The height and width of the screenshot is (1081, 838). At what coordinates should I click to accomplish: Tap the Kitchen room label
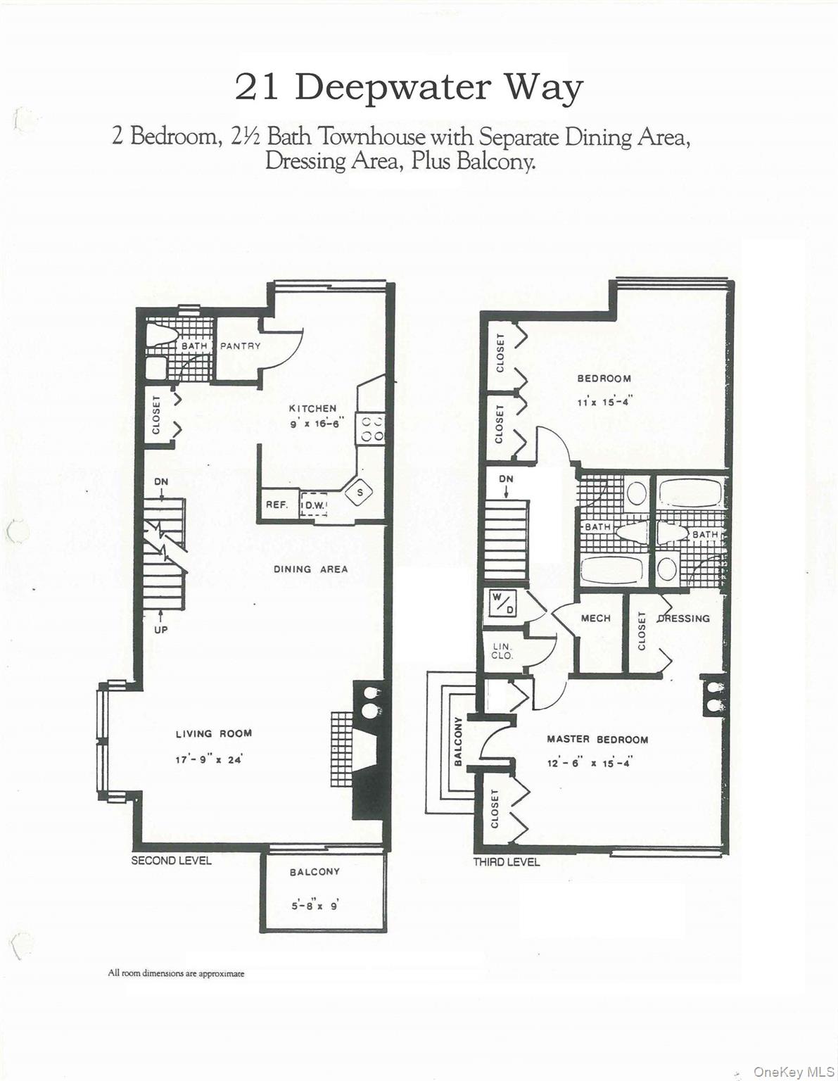tap(312, 408)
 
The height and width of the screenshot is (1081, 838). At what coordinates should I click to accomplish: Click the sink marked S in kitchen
tap(360, 492)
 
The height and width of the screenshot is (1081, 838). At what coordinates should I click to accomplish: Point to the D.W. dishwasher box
tap(312, 505)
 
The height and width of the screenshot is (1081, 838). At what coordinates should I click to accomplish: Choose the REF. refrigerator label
tap(277, 505)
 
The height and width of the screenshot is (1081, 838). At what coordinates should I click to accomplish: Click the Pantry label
tap(240, 346)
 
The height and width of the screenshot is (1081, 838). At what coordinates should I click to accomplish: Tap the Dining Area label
tap(310, 569)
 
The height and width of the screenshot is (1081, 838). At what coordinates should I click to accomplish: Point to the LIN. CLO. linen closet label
tap(502, 651)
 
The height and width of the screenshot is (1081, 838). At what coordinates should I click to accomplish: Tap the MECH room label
tap(595, 619)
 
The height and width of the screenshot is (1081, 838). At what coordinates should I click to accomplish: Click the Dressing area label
tap(683, 619)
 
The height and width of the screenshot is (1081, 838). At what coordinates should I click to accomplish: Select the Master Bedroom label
tap(597, 740)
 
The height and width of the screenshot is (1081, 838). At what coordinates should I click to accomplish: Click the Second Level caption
tap(171, 860)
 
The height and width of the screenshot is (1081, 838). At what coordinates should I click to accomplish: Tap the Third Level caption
tap(506, 861)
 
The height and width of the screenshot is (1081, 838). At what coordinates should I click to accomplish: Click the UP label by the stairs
tap(161, 629)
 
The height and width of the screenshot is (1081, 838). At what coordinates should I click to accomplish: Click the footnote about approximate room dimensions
tap(176, 973)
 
